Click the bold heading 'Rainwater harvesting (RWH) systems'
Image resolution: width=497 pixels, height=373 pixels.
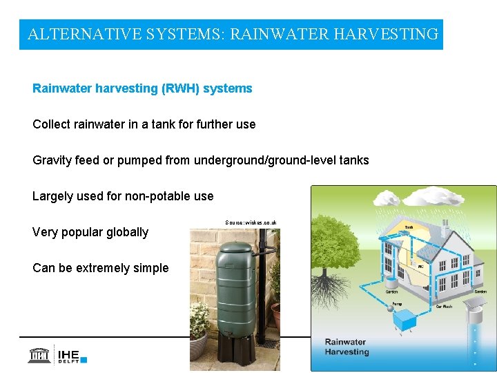click(142, 88)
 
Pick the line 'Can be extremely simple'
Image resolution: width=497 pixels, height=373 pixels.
click(100, 268)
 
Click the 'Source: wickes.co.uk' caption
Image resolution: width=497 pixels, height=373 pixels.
click(251, 222)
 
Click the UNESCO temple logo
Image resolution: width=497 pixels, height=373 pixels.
click(39, 355)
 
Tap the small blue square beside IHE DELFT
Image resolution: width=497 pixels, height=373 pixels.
click(84, 359)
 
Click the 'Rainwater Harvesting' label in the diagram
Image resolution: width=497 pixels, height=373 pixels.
click(347, 347)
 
